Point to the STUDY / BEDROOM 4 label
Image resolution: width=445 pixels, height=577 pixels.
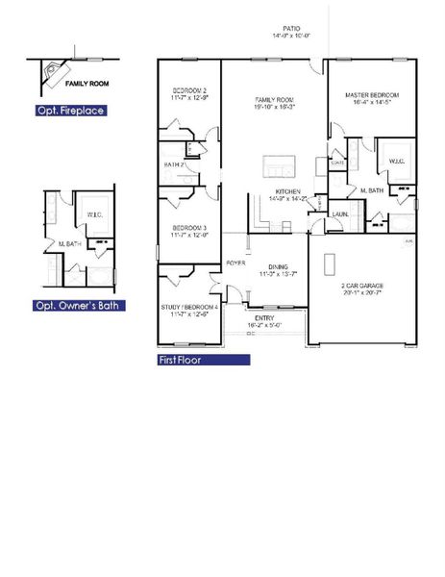coord(190,307)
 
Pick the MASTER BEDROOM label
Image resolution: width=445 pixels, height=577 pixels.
coord(372,95)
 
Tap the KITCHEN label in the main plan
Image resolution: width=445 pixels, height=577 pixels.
coord(289,191)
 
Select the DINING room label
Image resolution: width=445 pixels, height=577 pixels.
coord(278,267)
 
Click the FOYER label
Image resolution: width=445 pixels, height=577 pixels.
coord(235,263)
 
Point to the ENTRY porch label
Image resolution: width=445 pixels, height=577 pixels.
coord(263,317)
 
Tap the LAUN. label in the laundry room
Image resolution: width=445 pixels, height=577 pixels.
coord(340,213)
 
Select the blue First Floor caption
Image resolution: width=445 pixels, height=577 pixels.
coord(204,361)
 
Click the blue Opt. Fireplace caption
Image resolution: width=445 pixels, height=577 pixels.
coord(70,111)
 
